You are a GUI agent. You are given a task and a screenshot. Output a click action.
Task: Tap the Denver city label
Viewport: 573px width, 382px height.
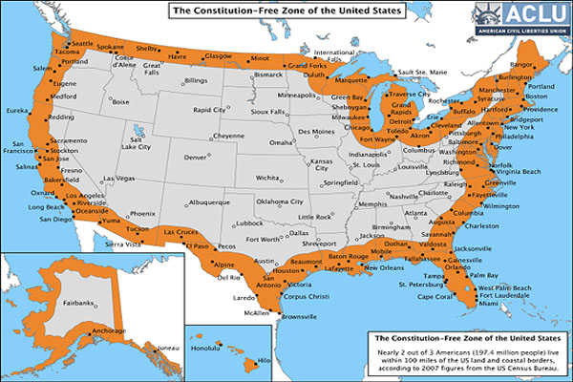click(195, 157)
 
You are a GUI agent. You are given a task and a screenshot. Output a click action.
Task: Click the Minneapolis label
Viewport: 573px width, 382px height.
click(296, 96)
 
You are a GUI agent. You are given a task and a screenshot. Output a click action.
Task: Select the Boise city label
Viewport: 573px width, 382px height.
click(119, 101)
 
